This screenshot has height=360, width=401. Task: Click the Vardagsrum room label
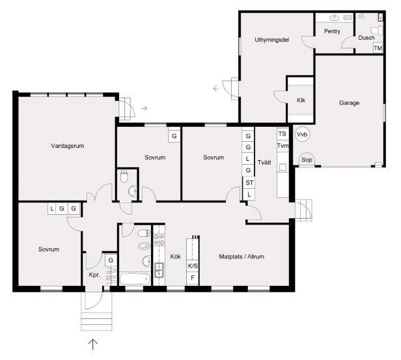click(68, 146)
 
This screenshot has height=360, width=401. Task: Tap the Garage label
click(349, 103)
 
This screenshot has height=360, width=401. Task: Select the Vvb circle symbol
click(302, 134)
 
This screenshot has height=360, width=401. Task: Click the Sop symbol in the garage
click(307, 159)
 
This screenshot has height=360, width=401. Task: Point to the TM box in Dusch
click(378, 48)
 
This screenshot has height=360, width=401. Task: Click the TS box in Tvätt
click(283, 133)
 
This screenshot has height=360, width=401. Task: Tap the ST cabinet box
click(249, 183)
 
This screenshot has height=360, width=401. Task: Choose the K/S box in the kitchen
click(193, 266)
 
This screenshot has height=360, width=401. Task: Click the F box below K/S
click(193, 278)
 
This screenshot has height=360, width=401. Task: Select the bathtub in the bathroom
click(135, 279)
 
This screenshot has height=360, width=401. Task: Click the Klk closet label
click(301, 100)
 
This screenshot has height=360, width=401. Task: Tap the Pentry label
click(332, 31)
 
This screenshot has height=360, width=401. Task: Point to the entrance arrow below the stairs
click(93, 344)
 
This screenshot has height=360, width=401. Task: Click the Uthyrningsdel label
click(271, 40)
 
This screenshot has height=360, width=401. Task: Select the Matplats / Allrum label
click(242, 256)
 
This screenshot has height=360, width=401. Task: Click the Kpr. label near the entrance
click(94, 275)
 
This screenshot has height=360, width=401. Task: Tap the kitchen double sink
click(159, 270)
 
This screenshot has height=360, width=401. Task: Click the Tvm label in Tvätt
click(283, 146)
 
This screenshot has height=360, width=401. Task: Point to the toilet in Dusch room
click(377, 31)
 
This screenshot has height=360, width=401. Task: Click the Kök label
click(176, 256)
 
